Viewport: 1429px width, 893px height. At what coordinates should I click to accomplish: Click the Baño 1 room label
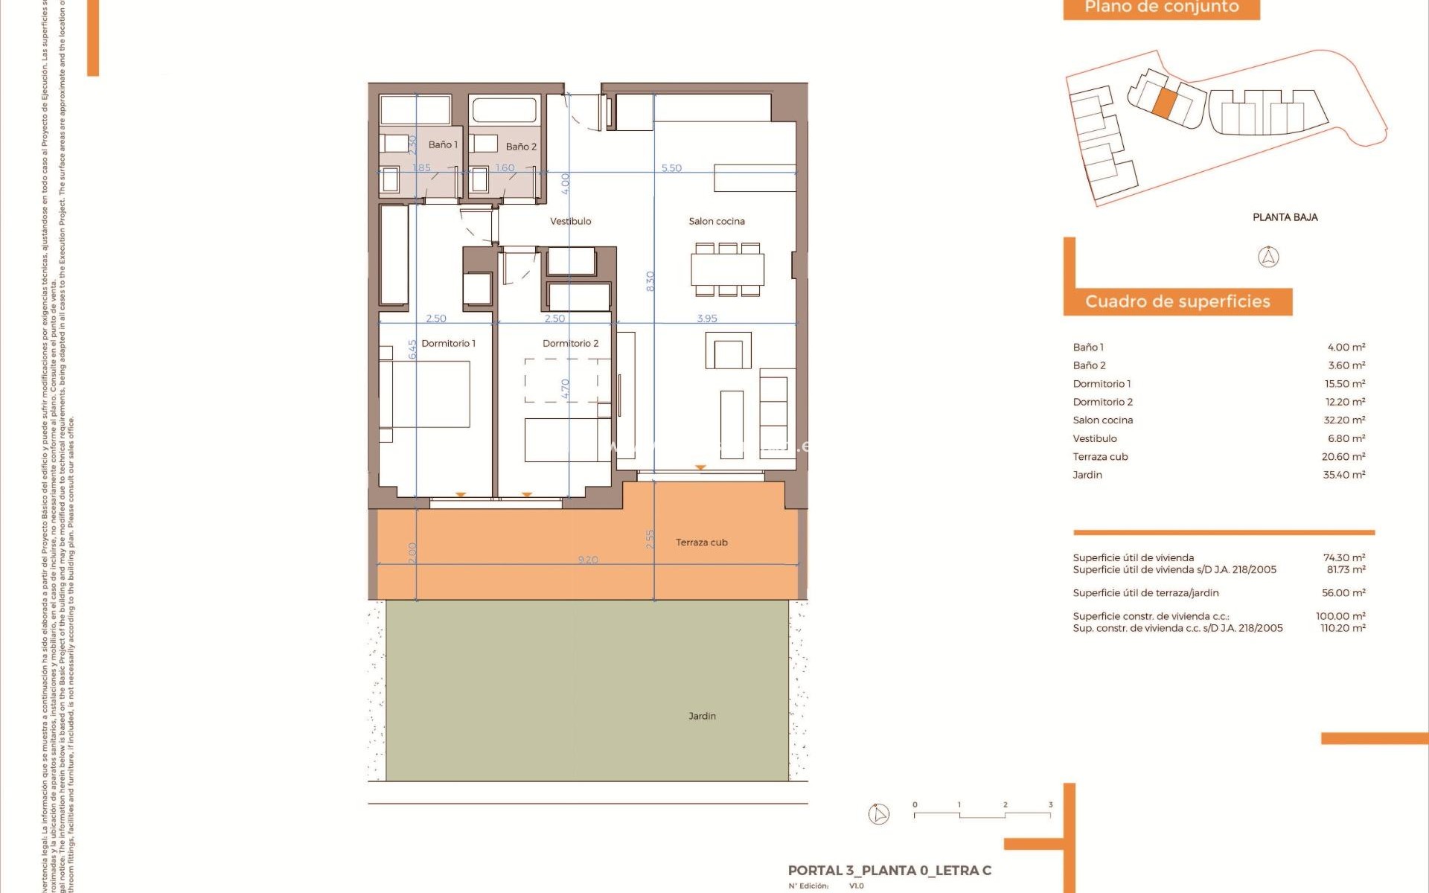click(443, 145)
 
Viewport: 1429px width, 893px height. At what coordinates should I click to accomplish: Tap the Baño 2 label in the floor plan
click(521, 147)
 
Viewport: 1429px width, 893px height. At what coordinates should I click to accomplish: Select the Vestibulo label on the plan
click(571, 221)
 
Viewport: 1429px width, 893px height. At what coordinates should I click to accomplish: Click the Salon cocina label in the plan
click(716, 221)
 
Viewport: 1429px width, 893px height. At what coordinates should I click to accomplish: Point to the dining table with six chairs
click(727, 269)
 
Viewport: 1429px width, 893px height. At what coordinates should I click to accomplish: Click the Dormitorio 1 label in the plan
click(448, 343)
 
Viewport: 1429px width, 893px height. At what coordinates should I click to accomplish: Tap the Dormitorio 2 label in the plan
click(570, 343)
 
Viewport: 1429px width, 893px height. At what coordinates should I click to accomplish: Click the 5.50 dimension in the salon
click(671, 168)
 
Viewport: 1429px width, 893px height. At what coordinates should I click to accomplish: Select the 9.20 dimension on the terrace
click(588, 560)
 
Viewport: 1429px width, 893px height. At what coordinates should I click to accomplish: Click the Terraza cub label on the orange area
click(701, 542)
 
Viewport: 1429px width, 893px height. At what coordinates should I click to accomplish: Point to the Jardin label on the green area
click(702, 716)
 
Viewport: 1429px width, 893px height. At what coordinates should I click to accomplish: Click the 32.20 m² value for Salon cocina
click(1344, 420)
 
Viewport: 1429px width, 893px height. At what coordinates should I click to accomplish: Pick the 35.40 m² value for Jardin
click(1343, 475)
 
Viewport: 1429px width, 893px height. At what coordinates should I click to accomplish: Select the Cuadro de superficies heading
click(1177, 301)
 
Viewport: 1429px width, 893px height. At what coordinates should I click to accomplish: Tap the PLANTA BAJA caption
click(1285, 217)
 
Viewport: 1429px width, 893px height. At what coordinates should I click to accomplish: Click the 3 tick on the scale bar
click(1050, 805)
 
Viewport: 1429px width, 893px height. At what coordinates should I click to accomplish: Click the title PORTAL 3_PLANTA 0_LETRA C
click(889, 871)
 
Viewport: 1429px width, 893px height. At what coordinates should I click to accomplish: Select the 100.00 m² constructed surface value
click(1340, 616)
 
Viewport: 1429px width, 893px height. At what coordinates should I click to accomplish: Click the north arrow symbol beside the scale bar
click(879, 814)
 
